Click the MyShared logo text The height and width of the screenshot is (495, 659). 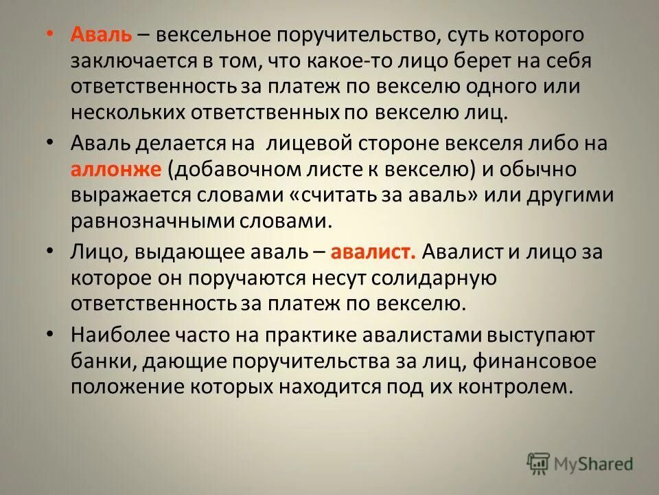click(594, 464)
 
